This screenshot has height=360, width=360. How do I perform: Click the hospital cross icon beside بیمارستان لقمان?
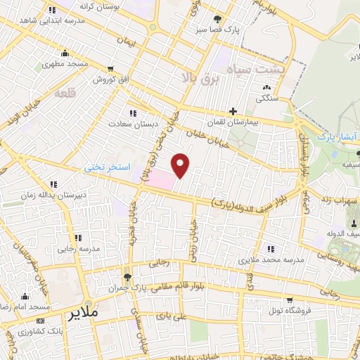233,111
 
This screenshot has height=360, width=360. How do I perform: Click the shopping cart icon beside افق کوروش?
111,69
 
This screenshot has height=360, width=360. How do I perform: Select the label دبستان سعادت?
124,124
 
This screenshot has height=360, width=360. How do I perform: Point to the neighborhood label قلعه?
64,93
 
